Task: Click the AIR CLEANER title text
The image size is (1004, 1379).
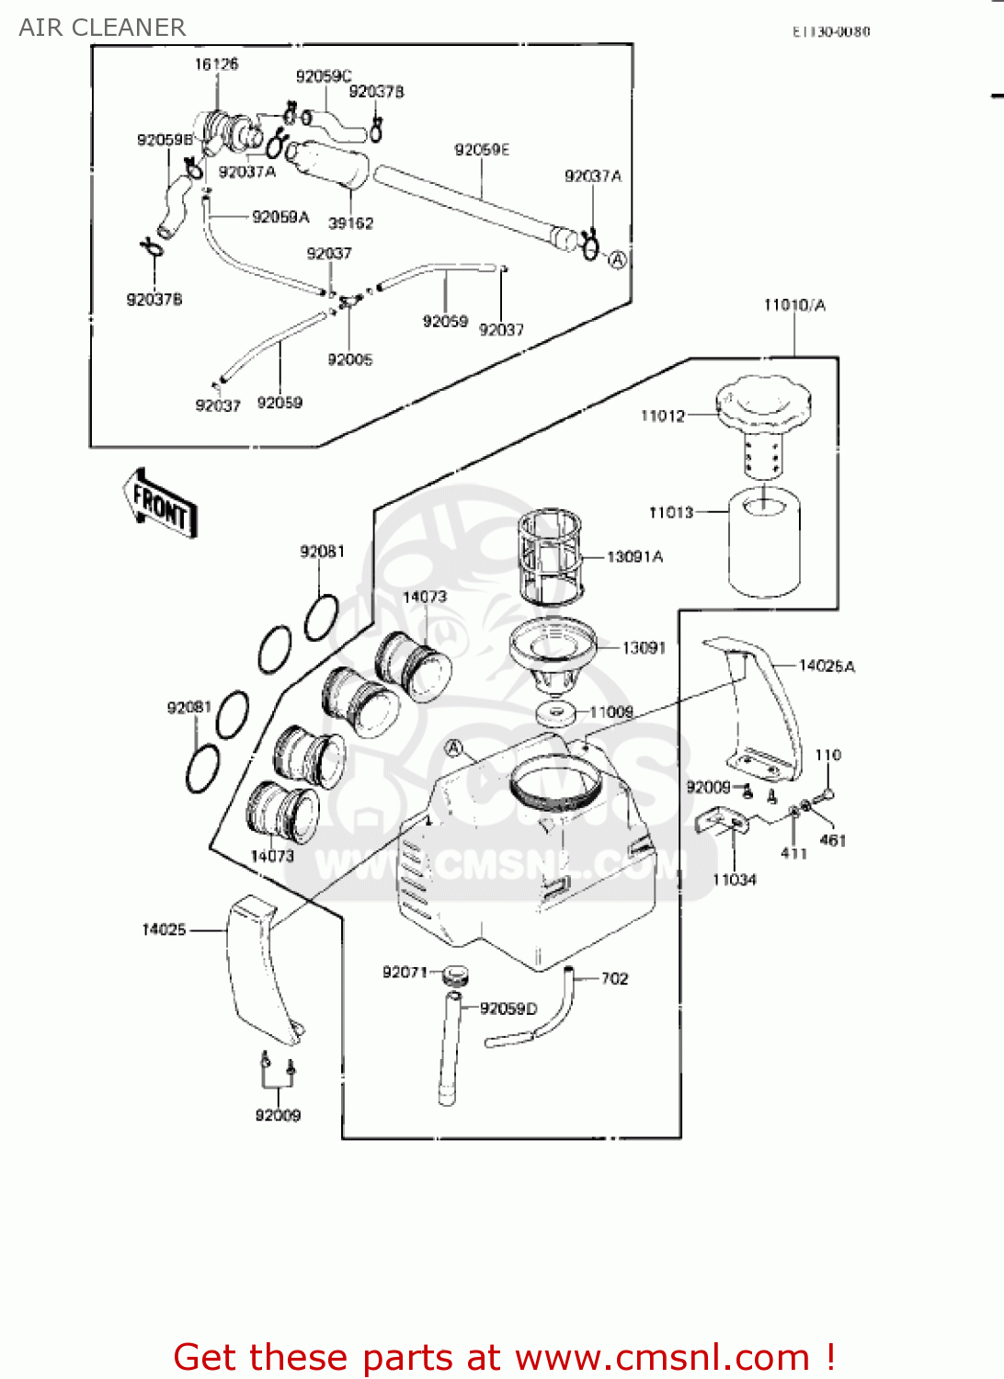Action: click(x=102, y=28)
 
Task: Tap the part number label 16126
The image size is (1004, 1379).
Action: click(x=216, y=63)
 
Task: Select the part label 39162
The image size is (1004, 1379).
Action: click(x=350, y=222)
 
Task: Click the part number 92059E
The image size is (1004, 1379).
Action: click(x=481, y=149)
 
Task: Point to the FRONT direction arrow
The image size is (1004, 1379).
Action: click(x=161, y=505)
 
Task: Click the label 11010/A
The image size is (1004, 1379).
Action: click(x=794, y=304)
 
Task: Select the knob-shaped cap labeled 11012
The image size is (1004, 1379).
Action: click(x=764, y=404)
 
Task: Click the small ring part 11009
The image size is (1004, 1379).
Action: click(x=555, y=713)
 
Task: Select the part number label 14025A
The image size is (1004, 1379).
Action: click(x=826, y=666)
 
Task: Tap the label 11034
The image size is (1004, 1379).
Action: click(x=734, y=880)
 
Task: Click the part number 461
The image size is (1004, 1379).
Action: click(x=832, y=839)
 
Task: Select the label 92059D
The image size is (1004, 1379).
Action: click(x=508, y=1009)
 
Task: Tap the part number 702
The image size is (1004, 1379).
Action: click(x=615, y=978)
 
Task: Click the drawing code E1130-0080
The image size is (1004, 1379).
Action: click(x=830, y=31)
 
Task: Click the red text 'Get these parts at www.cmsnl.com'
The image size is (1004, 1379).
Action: click(x=504, y=1357)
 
